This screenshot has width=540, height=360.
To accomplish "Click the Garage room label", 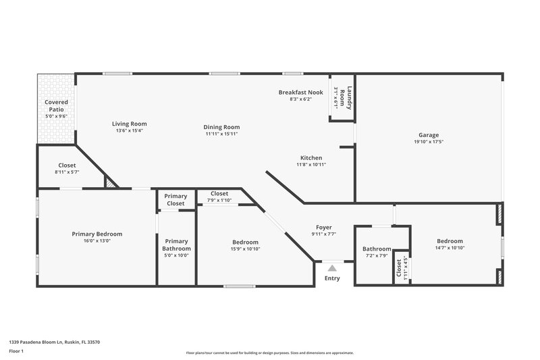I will point(428,135).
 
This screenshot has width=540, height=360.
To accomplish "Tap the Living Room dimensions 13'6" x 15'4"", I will point(129,131).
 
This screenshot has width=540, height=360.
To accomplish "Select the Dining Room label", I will point(221,127).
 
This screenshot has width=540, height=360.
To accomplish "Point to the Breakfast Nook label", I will point(300,92).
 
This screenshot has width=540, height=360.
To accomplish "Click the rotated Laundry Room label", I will point(342,99).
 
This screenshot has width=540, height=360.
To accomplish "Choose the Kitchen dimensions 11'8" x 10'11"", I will point(310,165).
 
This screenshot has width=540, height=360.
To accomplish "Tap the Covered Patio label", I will point(56,105).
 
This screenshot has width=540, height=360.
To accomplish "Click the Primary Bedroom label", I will point(97,234).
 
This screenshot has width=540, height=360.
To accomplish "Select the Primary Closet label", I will point(175,200).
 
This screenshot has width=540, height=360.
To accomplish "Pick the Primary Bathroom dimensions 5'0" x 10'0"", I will point(176,255).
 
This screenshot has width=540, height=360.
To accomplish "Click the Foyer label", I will point(324,228).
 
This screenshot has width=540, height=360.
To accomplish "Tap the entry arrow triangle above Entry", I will point(331,269).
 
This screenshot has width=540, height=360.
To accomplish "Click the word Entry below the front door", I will point(332,278).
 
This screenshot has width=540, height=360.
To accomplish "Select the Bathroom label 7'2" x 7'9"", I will point(377,249).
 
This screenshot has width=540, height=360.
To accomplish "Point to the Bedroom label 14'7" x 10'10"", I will point(450,241).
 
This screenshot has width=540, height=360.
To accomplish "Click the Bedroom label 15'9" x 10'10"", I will point(245,242).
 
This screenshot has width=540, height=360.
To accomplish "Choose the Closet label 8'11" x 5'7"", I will point(67,165).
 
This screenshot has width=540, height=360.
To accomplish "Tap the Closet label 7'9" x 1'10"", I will point(219,194).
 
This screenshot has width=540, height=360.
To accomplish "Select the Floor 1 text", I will point(17,352).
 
